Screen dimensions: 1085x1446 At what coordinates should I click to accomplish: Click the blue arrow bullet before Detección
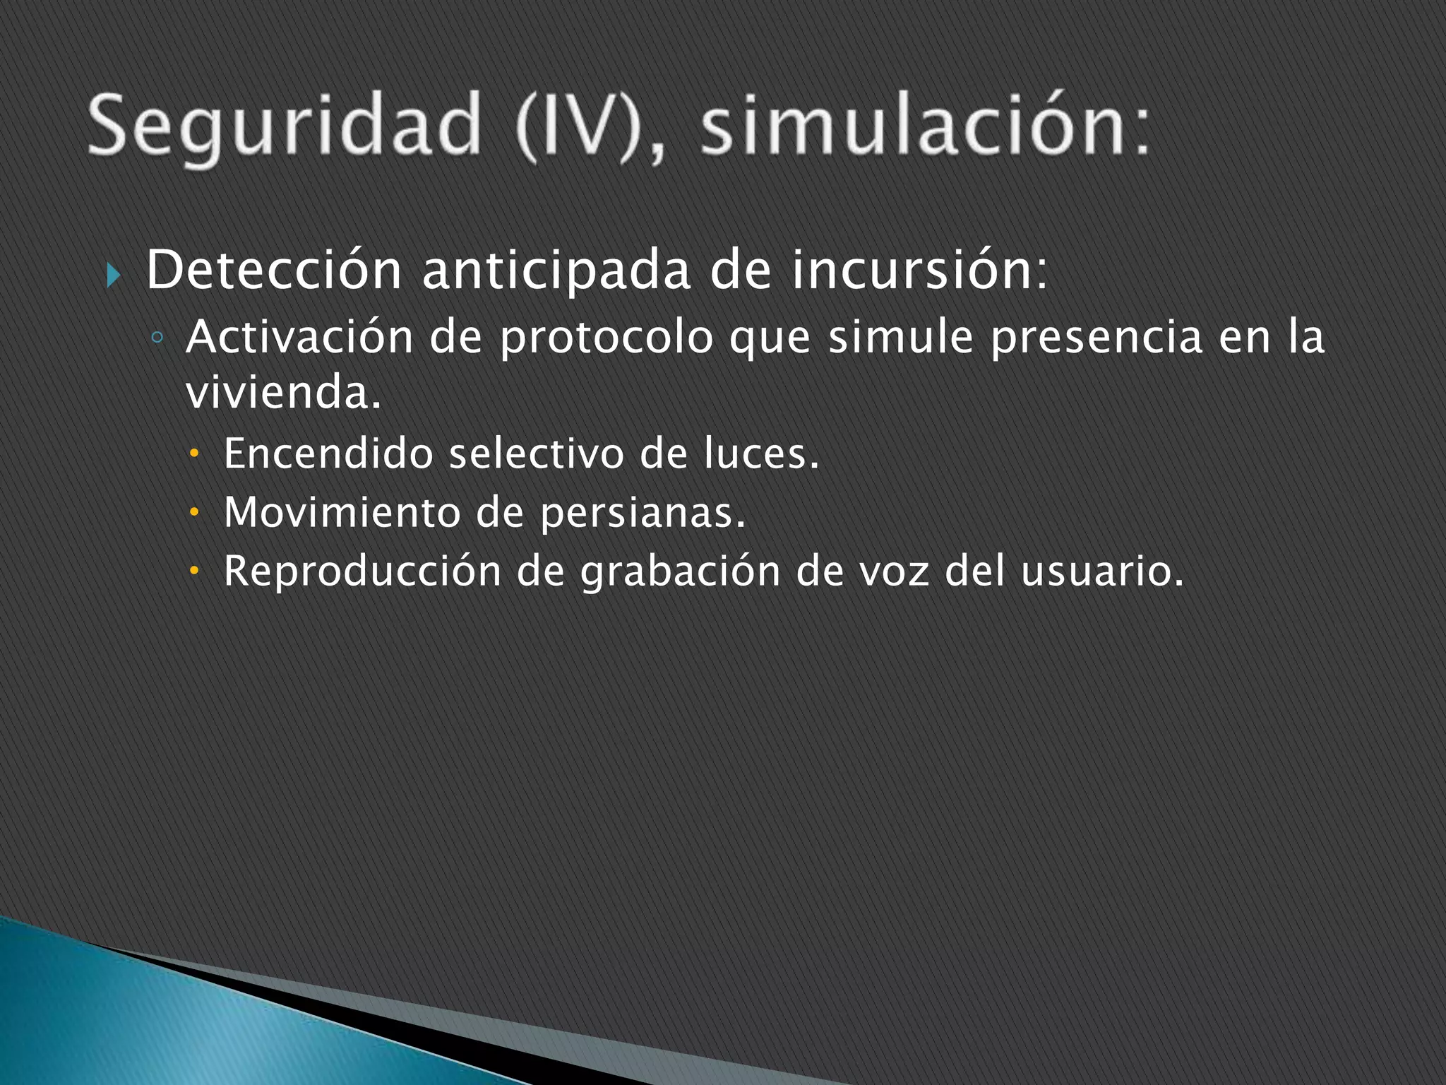click(x=113, y=274)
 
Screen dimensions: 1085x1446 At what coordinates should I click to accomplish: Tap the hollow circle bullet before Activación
click(x=157, y=338)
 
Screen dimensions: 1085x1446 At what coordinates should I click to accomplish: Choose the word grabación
click(x=680, y=571)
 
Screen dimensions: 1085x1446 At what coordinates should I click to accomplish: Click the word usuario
click(x=1101, y=571)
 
